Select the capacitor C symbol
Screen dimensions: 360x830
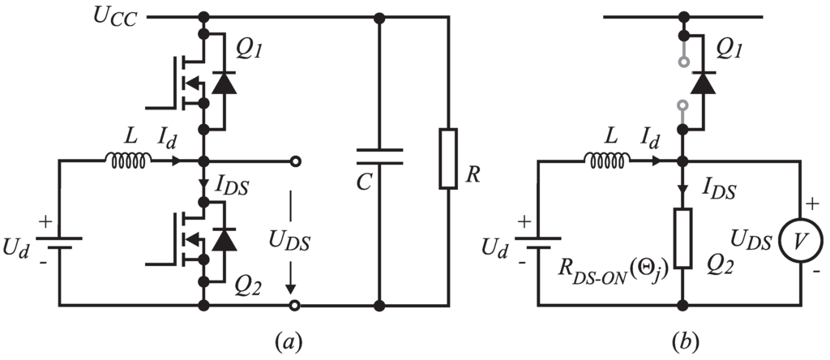click(378, 156)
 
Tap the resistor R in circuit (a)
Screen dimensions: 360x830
click(448, 158)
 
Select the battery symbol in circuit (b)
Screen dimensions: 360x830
click(541, 240)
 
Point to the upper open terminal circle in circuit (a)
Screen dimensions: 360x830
click(297, 162)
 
